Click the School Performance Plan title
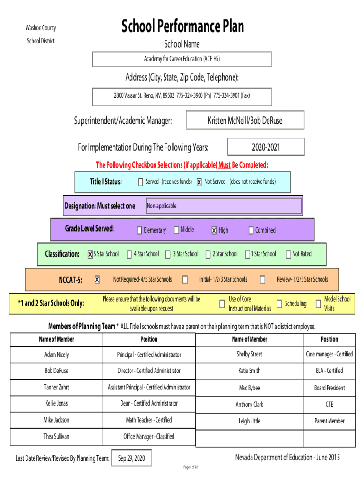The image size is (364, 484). click(x=182, y=26)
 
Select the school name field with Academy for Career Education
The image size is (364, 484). click(x=182, y=59)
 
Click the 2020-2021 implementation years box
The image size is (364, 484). click(x=266, y=147)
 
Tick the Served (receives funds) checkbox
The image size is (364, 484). click(x=140, y=182)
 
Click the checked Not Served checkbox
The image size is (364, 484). click(x=199, y=182)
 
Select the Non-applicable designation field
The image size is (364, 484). click(x=223, y=206)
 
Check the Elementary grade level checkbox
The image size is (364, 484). click(x=139, y=231)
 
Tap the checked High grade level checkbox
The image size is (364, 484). click(x=214, y=231)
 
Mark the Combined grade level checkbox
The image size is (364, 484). click(x=251, y=231)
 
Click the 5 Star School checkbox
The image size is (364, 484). click(x=90, y=255)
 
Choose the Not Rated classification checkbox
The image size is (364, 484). click(x=288, y=255)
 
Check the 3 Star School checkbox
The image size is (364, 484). click(x=168, y=255)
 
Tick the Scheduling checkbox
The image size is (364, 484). click(x=279, y=304)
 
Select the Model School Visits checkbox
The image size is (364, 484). click(x=318, y=304)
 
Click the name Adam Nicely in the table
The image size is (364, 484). click(x=56, y=354)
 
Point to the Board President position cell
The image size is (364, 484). click(x=329, y=388)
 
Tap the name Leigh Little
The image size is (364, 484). click(x=249, y=421)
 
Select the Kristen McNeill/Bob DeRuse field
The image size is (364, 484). click(x=245, y=121)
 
